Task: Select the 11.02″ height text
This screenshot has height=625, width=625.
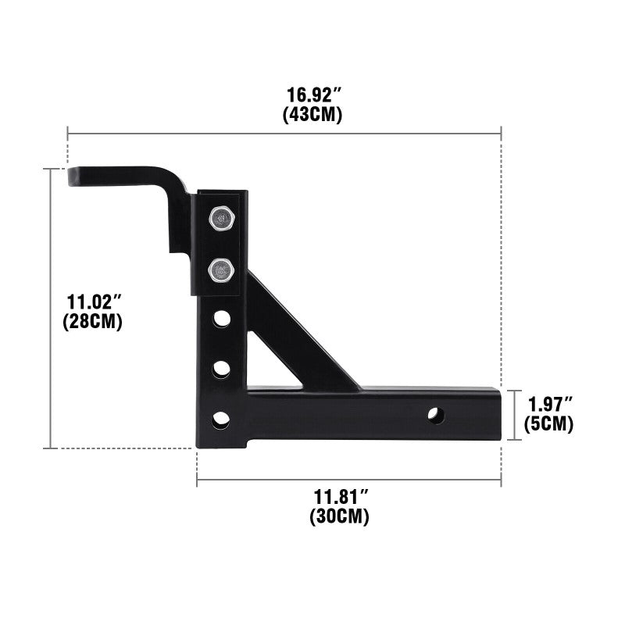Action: click(93, 302)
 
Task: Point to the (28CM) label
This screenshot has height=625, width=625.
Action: click(93, 321)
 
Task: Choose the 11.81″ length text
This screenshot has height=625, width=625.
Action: click(341, 497)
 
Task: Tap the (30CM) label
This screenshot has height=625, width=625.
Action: click(341, 516)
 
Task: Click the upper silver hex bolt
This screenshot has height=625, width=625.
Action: click(221, 219)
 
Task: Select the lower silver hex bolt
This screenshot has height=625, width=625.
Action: click(221, 271)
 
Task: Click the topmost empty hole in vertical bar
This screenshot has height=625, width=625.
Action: click(222, 319)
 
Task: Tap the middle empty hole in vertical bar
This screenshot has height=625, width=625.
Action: click(222, 369)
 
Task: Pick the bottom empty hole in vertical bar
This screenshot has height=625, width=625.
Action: click(222, 419)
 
